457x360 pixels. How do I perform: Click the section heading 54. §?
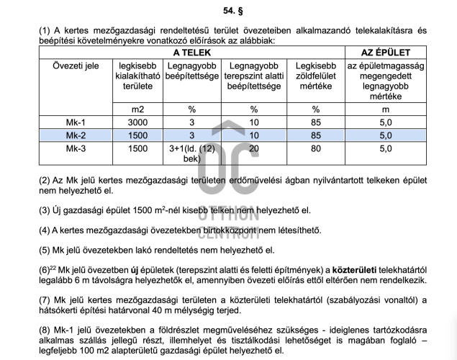228,12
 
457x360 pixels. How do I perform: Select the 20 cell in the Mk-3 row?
253,148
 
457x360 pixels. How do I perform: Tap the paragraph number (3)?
46,210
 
